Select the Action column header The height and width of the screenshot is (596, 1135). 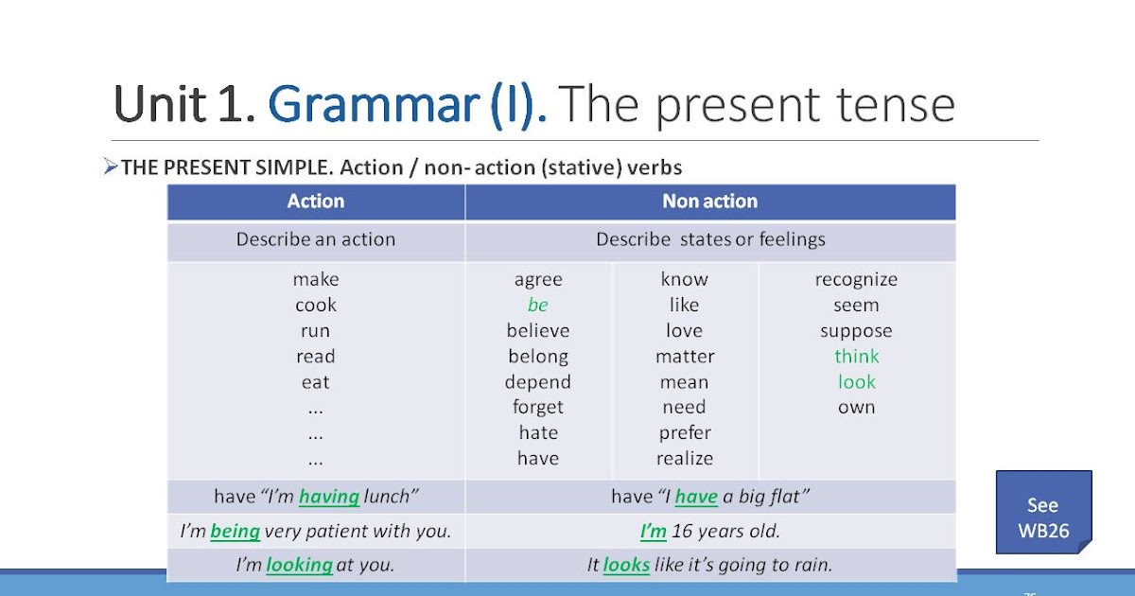[316, 202]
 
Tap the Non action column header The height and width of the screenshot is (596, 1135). [709, 202]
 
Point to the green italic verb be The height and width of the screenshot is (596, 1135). [538, 306]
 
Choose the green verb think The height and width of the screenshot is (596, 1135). [856, 357]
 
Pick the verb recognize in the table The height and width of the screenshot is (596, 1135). [856, 280]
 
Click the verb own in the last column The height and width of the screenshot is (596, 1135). [856, 408]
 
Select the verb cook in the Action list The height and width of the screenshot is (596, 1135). [316, 306]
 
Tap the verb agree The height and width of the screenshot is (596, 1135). [538, 280]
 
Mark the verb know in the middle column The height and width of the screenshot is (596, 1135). [684, 280]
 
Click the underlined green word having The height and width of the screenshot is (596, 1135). [329, 497]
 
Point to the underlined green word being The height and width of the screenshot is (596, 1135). [235, 532]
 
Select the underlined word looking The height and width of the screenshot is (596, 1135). [299, 566]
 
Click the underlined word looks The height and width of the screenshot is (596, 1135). [626, 566]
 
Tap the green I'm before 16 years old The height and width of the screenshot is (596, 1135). [653, 532]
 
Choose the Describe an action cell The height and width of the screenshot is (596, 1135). [316, 240]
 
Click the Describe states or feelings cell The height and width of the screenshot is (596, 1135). [709, 240]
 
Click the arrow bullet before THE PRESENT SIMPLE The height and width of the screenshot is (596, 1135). [111, 167]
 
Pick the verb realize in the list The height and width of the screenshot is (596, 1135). [684, 459]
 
